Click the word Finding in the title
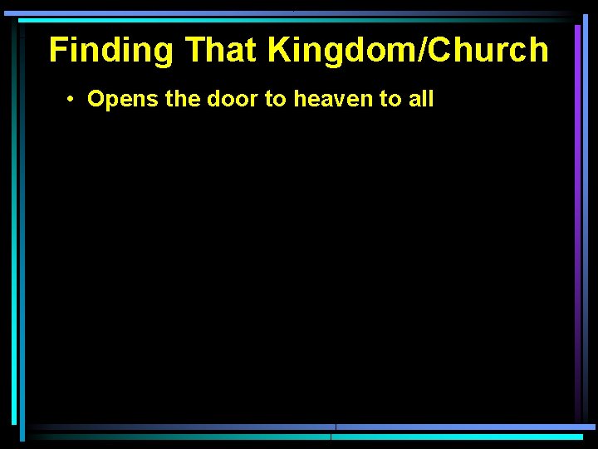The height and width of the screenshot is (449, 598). tap(111, 51)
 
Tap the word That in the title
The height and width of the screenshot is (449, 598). tap(222, 51)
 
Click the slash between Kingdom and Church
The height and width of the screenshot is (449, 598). tap(430, 51)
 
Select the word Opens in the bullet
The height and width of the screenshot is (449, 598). tap(115, 100)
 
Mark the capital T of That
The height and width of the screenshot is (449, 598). tap(194, 51)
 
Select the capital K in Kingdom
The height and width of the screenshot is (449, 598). tap(278, 51)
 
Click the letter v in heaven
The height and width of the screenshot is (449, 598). tap(326, 101)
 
